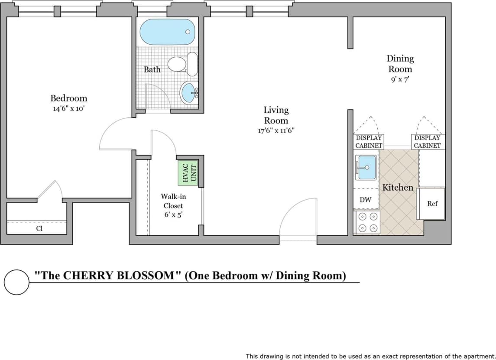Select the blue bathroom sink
[189, 92]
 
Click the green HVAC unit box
[188, 172]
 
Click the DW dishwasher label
[365, 200]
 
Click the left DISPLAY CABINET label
[369, 142]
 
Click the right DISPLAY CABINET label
[427, 142]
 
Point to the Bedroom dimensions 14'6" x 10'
[68, 109]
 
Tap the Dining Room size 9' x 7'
[400, 80]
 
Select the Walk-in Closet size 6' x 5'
[173, 214]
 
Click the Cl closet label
[39, 228]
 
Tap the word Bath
[152, 69]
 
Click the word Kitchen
[398, 188]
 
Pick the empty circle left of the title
[17, 282]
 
